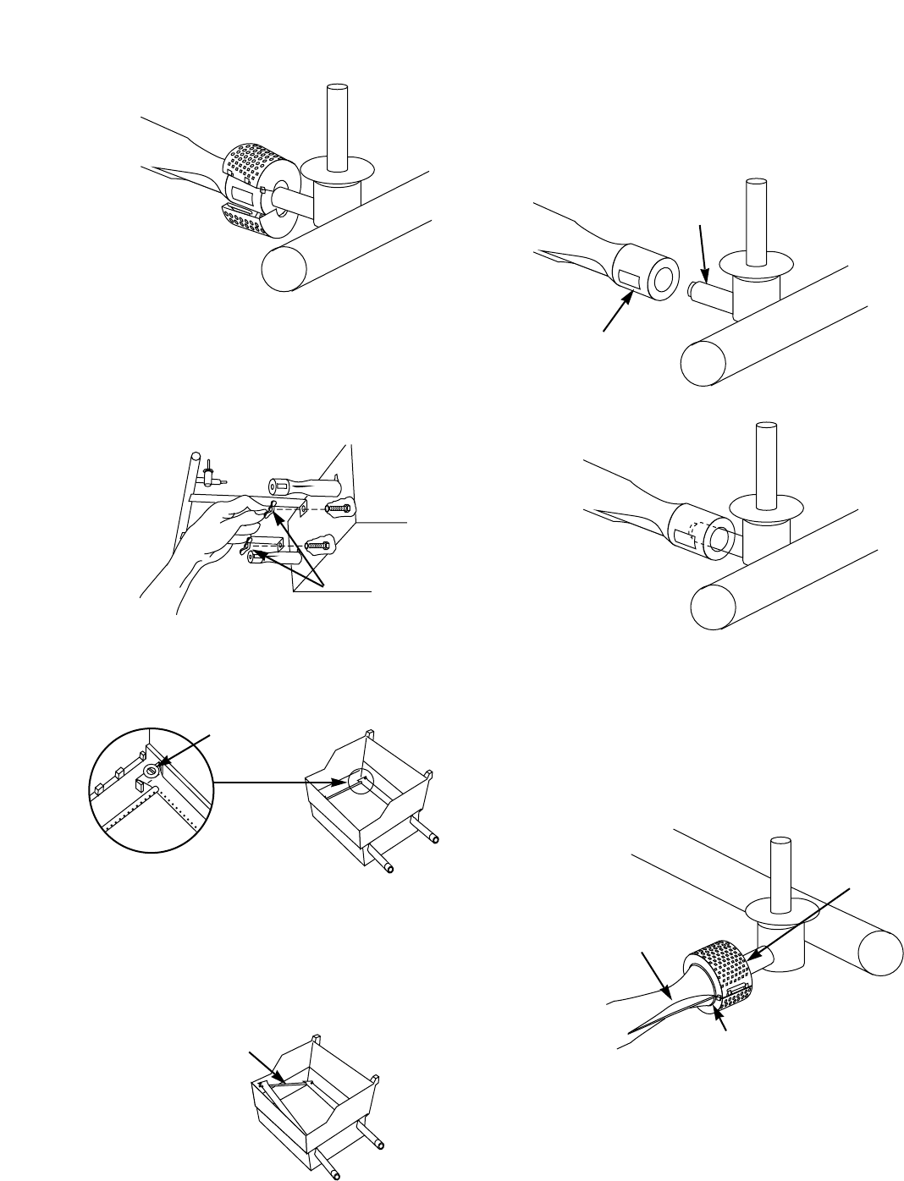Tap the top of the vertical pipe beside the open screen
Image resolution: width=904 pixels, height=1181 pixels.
coord(337,88)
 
